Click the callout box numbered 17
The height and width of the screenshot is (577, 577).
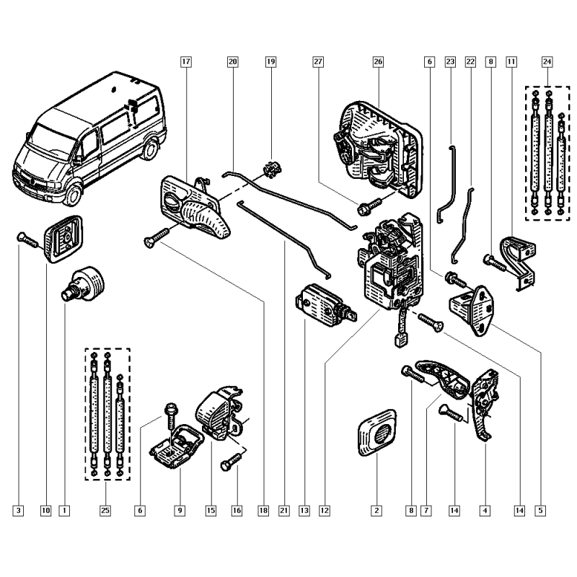186,61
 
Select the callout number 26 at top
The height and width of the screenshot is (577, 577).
378,61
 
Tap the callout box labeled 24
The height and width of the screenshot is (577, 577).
547,61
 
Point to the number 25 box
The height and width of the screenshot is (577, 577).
105,511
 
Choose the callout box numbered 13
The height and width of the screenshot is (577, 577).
304,511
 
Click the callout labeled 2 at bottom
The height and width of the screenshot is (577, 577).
376,511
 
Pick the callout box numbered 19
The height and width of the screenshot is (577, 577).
271,61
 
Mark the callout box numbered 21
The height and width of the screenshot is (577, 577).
283,511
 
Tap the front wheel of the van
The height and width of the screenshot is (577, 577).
73,194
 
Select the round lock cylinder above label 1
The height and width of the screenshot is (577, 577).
83,285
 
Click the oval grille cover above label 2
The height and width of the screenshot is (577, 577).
377,433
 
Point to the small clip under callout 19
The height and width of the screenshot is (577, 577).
273,169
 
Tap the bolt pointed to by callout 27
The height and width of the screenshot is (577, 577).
369,207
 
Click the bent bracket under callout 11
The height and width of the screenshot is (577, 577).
519,261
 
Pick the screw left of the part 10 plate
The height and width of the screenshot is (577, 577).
27,239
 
